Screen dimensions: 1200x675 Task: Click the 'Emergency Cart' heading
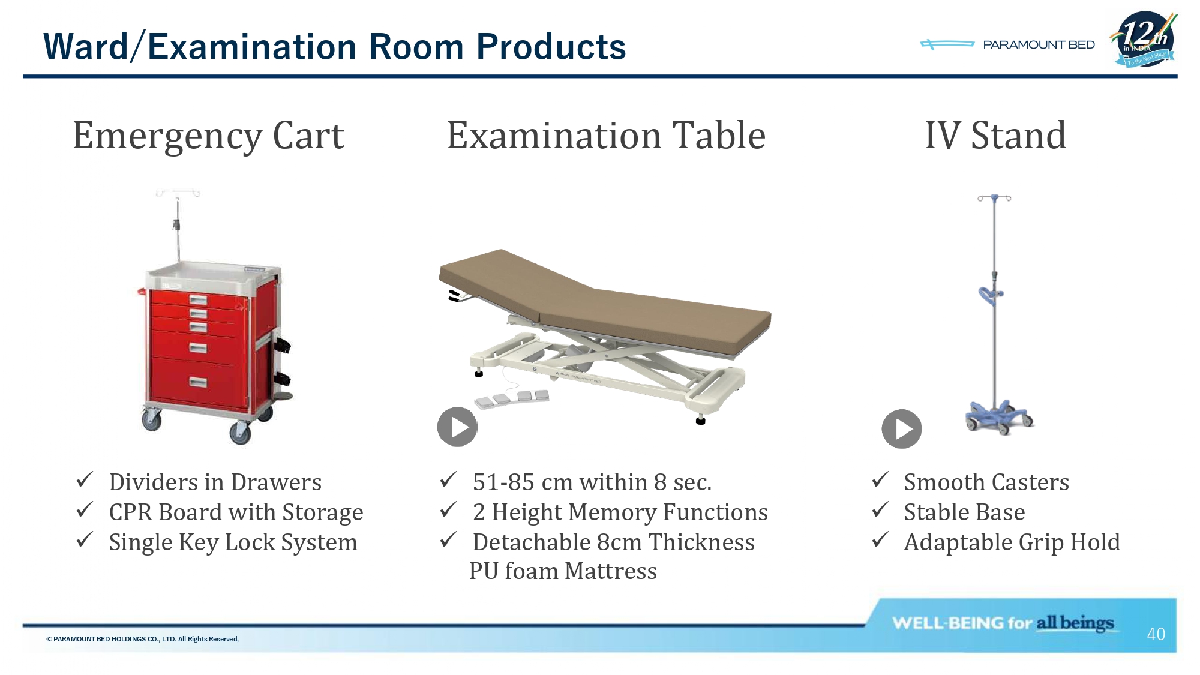coord(208,136)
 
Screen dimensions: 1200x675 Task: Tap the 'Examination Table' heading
coord(606,135)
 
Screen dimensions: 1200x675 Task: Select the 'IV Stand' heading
coord(995,135)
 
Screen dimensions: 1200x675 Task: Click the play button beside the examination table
coord(457,427)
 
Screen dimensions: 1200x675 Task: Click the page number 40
coord(1156,634)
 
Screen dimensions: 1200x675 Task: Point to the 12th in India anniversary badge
coord(1145,39)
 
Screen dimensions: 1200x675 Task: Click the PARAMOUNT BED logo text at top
coord(1039,45)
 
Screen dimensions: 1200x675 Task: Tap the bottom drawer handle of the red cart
coord(198,382)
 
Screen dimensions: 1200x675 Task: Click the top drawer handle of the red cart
coord(198,299)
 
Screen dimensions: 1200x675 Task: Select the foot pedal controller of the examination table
coord(512,398)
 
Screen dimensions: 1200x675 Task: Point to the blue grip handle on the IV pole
coord(990,295)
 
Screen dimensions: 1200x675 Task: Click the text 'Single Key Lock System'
coord(233,542)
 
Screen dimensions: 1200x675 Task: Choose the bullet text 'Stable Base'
coord(964,512)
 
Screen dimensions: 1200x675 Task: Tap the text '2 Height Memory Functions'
coord(620,512)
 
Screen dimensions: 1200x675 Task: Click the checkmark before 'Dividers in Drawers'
coord(85,479)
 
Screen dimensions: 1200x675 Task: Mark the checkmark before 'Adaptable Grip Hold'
coord(880,539)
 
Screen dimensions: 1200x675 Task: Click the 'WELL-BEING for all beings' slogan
coord(1003,623)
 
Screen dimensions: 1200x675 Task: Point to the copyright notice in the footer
coord(143,639)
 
